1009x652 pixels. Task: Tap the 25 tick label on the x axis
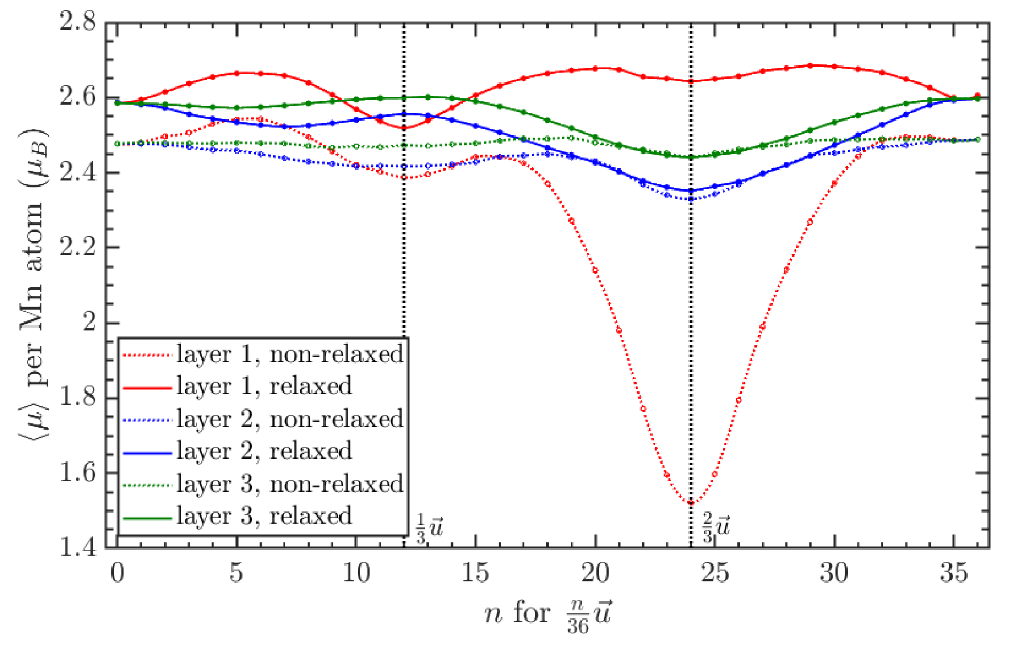click(715, 573)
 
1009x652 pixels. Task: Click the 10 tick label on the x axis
click(356, 573)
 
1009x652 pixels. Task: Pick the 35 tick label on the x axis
click(953, 573)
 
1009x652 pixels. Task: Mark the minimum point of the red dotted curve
click(691, 503)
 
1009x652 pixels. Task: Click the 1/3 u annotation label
click(429, 528)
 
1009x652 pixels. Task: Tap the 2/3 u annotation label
click(716, 528)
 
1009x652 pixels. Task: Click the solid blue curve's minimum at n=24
click(691, 191)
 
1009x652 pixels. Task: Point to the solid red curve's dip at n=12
click(404, 128)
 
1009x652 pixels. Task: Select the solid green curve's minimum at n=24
click(691, 157)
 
